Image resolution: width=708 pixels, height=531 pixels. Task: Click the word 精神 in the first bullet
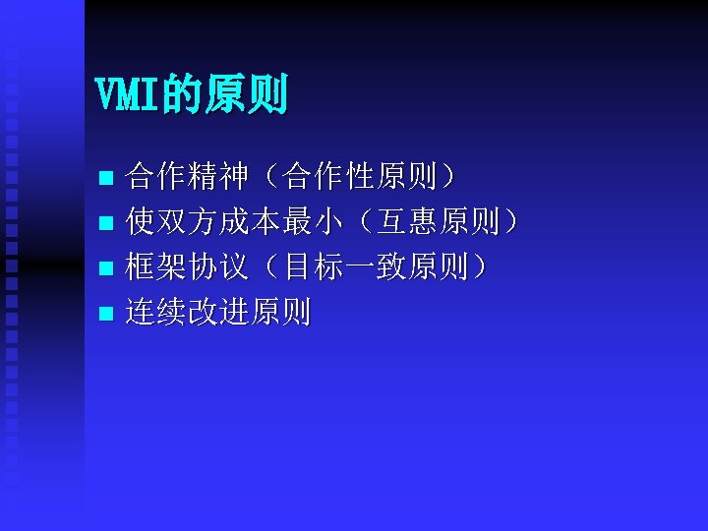coord(218,178)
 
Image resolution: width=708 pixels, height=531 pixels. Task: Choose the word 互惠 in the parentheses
coord(408,223)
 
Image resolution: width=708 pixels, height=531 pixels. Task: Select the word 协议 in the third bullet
coord(218,268)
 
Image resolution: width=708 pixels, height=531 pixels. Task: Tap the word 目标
coord(311,268)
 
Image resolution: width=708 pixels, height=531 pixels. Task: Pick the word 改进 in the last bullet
coord(218,314)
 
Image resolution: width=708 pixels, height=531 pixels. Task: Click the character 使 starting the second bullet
coord(142,223)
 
